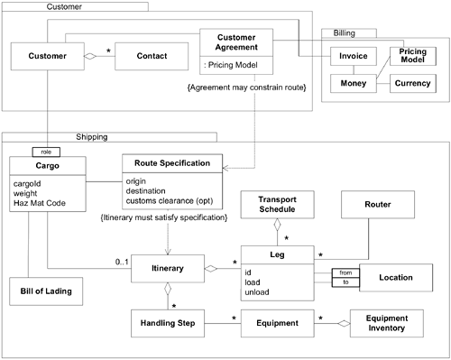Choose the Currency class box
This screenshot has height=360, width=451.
pos(411,84)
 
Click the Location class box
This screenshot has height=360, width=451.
pos(397,278)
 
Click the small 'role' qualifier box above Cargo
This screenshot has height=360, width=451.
pos(44,151)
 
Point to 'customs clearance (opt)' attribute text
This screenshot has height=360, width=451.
pos(174,201)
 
